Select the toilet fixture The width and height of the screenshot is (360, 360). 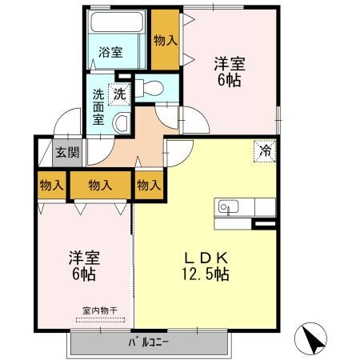pyautogui.click(x=152, y=88)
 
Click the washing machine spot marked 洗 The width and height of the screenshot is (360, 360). pyautogui.click(x=119, y=92)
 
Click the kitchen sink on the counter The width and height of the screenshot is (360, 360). pyautogui.click(x=225, y=207)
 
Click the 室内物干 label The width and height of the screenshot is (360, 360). pyautogui.click(x=99, y=310)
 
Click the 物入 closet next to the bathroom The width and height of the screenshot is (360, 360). pyautogui.click(x=166, y=39)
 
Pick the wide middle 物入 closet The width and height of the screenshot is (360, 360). pyautogui.click(x=100, y=186)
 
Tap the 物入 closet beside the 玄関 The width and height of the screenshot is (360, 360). pyautogui.click(x=52, y=186)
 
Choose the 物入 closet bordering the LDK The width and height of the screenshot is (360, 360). pyautogui.click(x=148, y=186)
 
